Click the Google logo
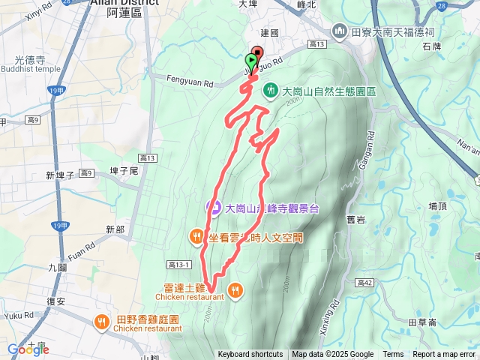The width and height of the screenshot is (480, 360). tap(28, 349)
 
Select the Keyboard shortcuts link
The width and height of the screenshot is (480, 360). tap(250, 355)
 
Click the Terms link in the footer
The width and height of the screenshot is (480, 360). tap(393, 355)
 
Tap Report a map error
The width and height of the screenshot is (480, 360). tap(444, 355)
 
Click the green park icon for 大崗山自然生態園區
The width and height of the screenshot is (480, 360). tap(271, 91)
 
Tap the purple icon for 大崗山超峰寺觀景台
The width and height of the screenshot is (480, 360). tap(214, 208)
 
